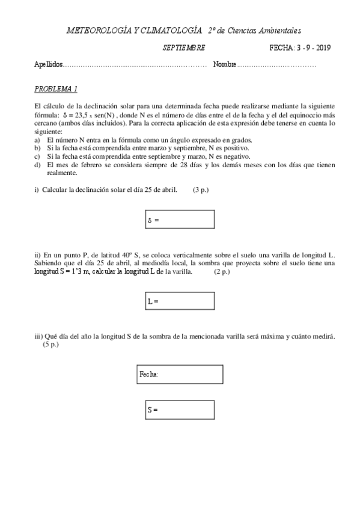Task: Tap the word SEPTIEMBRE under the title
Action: click(x=184, y=48)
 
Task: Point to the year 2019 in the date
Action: click(x=322, y=48)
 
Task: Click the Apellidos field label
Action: click(x=49, y=64)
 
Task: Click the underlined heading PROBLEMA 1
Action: click(x=56, y=89)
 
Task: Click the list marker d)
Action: click(x=37, y=165)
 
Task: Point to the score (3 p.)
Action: click(x=201, y=190)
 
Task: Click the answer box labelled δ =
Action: click(x=180, y=220)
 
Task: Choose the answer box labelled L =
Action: click(x=180, y=300)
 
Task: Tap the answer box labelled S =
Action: click(x=180, y=410)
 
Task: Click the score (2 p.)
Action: click(x=222, y=272)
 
